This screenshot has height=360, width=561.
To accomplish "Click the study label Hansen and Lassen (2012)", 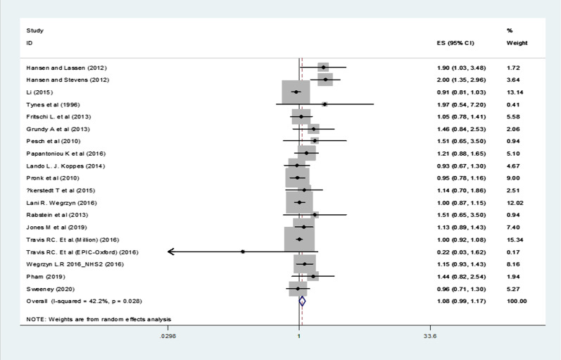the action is pyautogui.click(x=67, y=68).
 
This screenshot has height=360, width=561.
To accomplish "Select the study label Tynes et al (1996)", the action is pyautogui.click(x=53, y=104).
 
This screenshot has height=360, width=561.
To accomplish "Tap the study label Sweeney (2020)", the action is pyautogui.click(x=51, y=289).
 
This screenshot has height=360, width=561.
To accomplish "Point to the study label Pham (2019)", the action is pyautogui.click(x=46, y=277).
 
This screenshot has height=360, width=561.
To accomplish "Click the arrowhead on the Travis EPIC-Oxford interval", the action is pyautogui.click(x=171, y=252).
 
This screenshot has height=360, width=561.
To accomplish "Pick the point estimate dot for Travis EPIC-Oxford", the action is pyautogui.click(x=243, y=252).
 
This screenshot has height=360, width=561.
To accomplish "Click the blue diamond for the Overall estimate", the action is pyautogui.click(x=303, y=302).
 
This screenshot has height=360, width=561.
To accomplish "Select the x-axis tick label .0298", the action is pyautogui.click(x=168, y=336).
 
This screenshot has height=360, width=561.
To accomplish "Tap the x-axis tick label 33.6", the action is pyautogui.click(x=430, y=336).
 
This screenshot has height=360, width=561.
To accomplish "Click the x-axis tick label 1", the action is pyautogui.click(x=298, y=336).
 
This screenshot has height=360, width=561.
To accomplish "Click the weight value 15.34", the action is pyautogui.click(x=515, y=240).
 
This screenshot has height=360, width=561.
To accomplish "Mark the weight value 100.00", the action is pyautogui.click(x=517, y=302).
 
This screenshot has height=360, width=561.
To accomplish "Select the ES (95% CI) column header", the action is pyautogui.click(x=455, y=43).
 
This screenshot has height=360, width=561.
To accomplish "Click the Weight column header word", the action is pyautogui.click(x=517, y=43).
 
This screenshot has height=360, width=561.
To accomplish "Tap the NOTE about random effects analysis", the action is pyautogui.click(x=99, y=319).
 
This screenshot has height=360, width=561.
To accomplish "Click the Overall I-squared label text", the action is pyautogui.click(x=84, y=302).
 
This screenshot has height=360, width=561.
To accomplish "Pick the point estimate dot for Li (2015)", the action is pyautogui.click(x=296, y=92).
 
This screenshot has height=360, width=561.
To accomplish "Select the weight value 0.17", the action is pyautogui.click(x=513, y=252).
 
